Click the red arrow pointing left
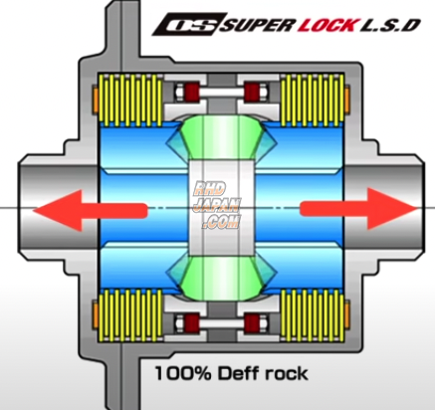(x=90, y=208)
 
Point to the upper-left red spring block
(x=184, y=97)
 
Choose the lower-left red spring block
(x=184, y=320)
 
